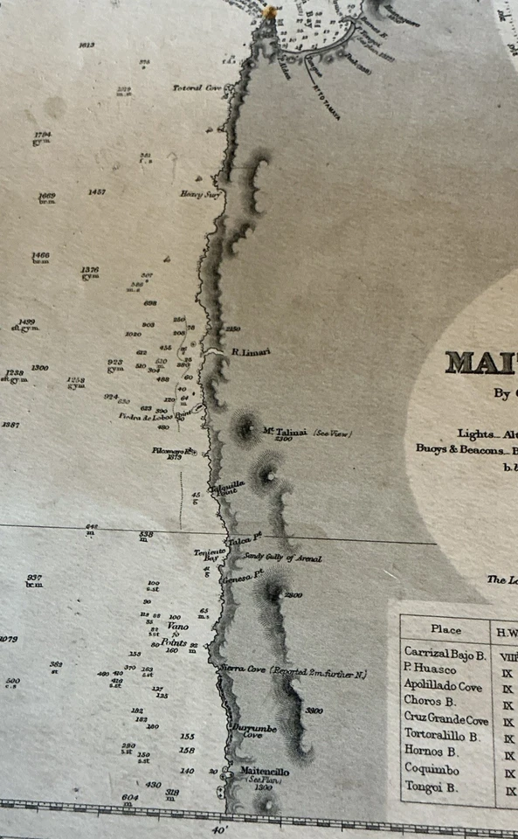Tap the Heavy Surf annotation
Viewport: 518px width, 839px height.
tap(197, 194)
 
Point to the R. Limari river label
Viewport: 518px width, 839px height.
tap(252, 352)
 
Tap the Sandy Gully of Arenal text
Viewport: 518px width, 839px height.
tap(282, 558)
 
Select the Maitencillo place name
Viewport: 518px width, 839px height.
tap(263, 772)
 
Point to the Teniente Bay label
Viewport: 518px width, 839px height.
tap(211, 555)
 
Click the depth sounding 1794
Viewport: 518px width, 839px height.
tap(43, 135)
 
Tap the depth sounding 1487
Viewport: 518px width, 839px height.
tap(97, 191)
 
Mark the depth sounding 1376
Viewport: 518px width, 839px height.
tap(90, 270)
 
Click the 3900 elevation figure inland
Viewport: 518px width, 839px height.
tap(315, 711)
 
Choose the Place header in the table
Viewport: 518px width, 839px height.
tap(446, 629)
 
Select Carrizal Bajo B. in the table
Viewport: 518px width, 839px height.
tap(445, 652)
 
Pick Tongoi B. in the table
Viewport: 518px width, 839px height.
tap(431, 787)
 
